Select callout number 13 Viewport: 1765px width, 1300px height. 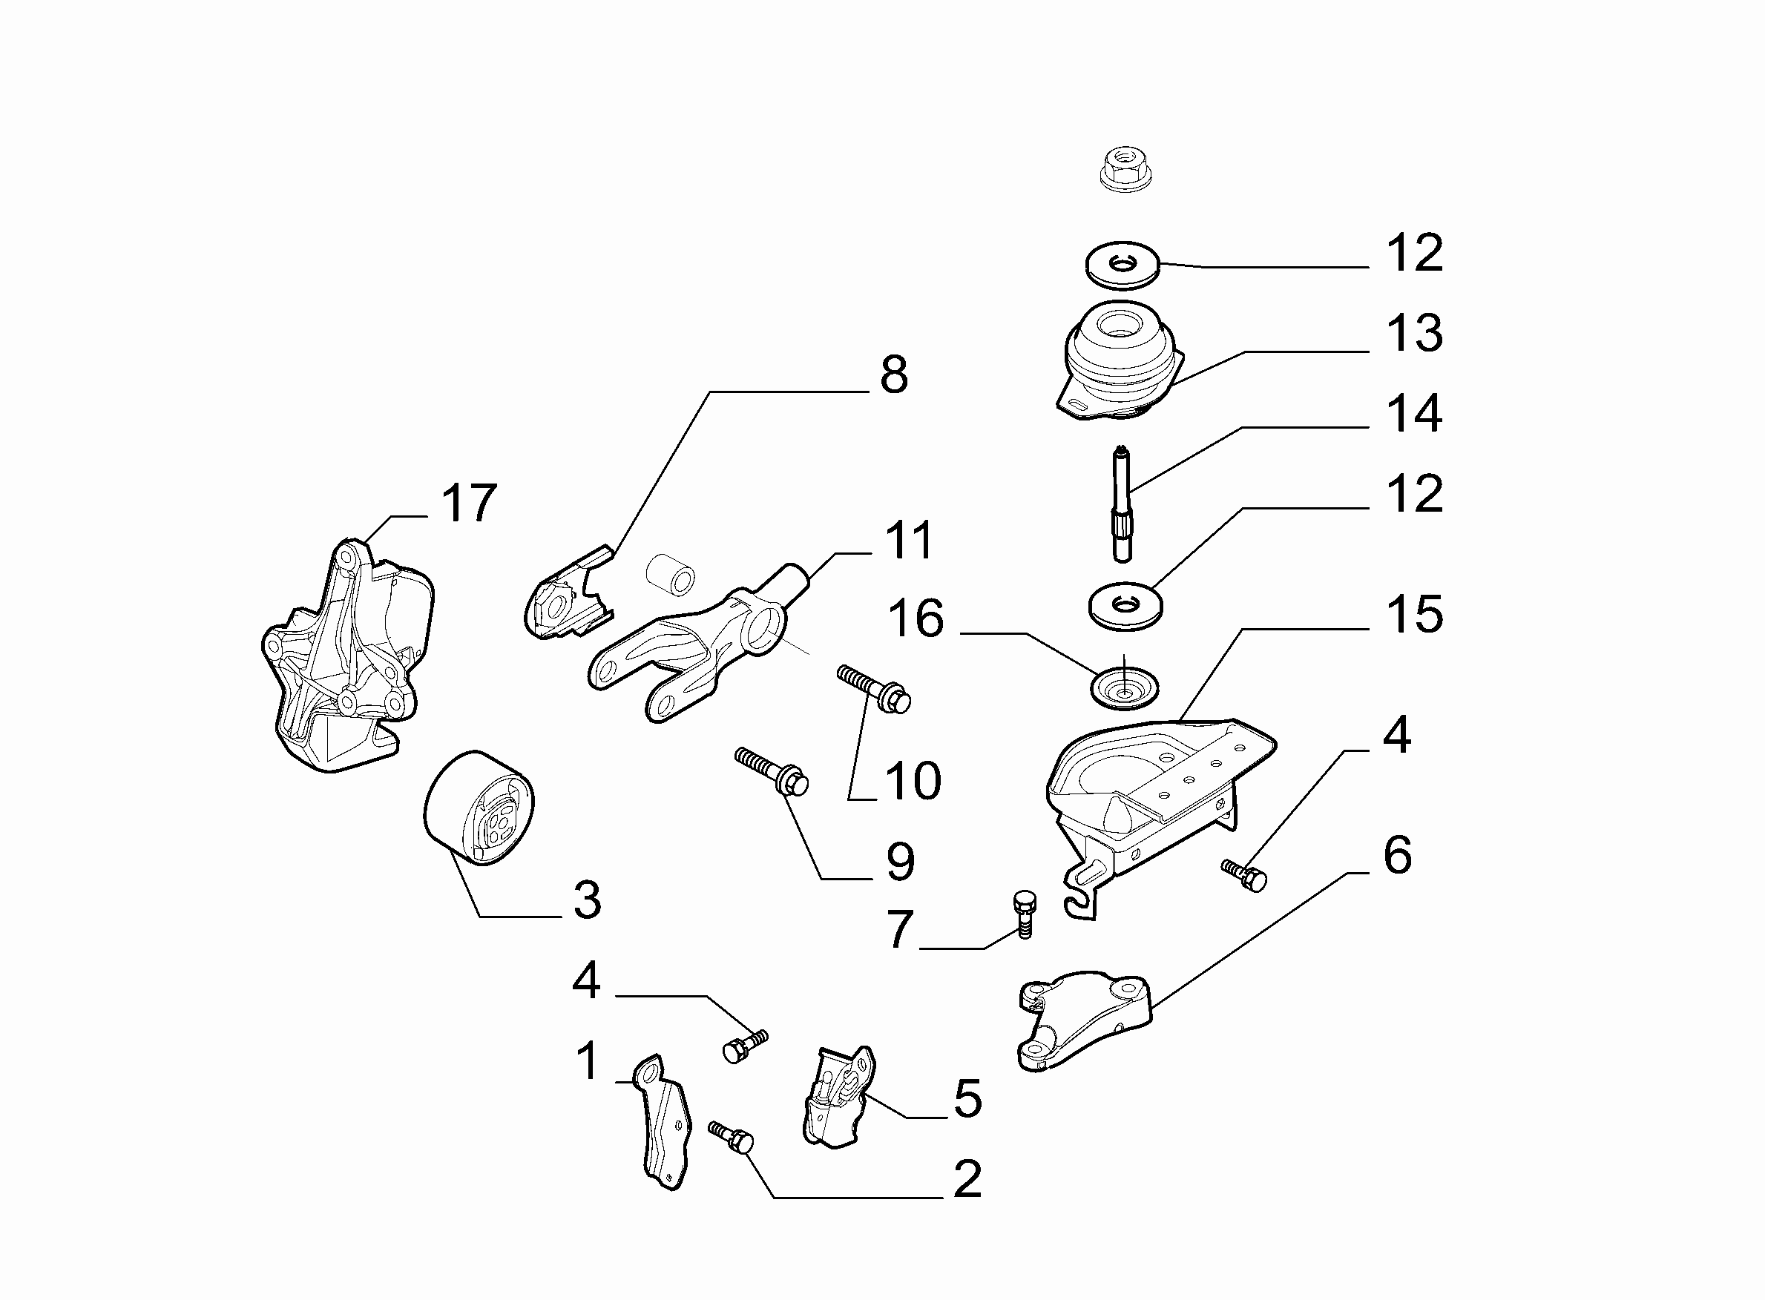click(1414, 333)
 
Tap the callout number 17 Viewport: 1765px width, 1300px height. click(469, 503)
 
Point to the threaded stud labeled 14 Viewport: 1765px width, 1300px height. click(1123, 504)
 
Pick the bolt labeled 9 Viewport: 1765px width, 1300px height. click(772, 772)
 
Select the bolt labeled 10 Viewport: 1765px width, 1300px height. click(874, 687)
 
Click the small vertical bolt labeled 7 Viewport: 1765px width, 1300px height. click(1023, 914)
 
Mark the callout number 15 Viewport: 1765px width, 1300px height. click(1414, 614)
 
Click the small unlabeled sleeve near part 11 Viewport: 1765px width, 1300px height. click(671, 575)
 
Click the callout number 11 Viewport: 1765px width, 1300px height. click(910, 541)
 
